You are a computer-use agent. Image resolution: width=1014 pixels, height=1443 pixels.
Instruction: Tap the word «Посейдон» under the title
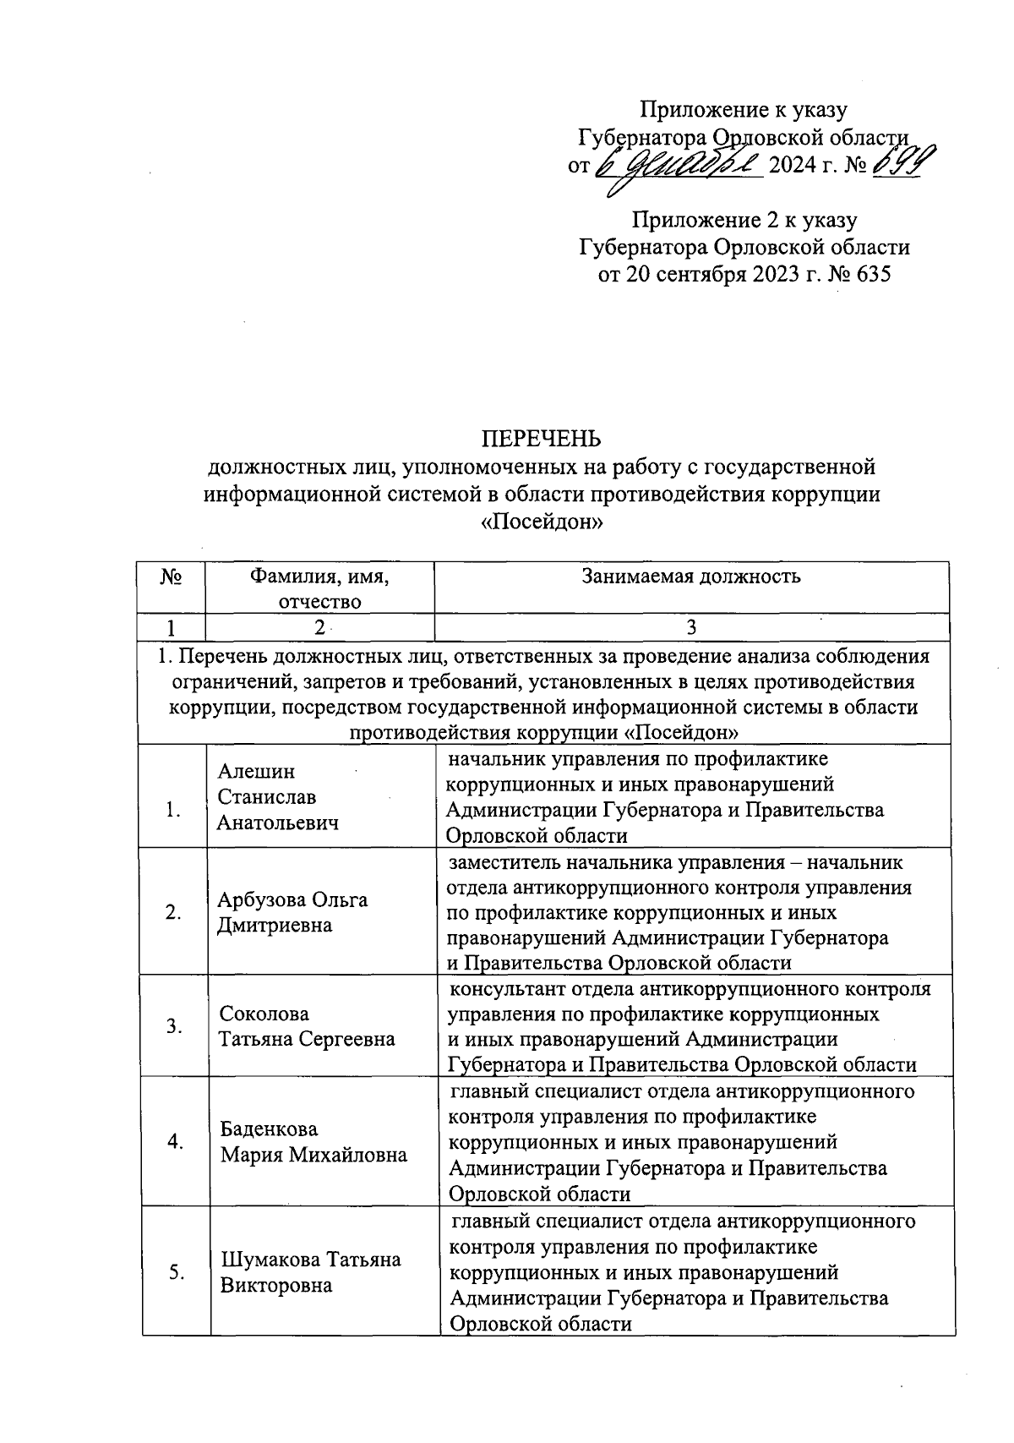(541, 522)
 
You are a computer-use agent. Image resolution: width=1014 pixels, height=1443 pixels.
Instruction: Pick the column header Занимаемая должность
(690, 577)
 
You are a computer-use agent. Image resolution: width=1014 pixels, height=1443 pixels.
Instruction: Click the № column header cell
(172, 578)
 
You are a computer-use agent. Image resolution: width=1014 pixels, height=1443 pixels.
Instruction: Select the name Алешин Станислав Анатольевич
(277, 796)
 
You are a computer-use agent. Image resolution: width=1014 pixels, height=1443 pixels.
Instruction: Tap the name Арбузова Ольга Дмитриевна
(292, 911)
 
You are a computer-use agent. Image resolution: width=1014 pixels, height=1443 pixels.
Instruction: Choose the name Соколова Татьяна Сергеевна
(307, 1026)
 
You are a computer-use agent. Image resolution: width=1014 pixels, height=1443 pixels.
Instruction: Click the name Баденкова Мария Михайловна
(313, 1142)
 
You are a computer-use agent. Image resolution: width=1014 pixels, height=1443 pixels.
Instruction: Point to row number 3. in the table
(174, 1026)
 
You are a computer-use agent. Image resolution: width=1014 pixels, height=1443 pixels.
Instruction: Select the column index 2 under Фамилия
(319, 627)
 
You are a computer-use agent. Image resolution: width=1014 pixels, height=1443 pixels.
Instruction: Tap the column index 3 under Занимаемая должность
(691, 627)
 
